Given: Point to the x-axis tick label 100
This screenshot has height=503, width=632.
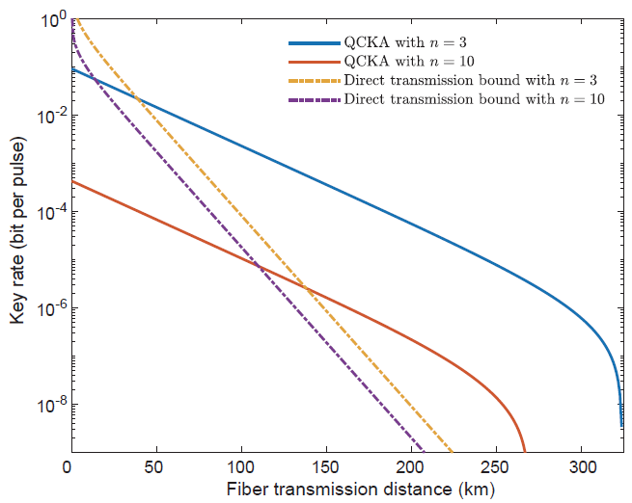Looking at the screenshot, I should click(x=238, y=468).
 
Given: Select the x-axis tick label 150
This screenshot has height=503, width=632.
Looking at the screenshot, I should click(x=324, y=468).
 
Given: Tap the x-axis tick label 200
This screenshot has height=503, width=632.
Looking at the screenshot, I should click(x=410, y=468).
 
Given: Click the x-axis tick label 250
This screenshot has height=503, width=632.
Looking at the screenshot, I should click(x=496, y=468).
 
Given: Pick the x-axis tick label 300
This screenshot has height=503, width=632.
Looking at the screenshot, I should click(x=581, y=468).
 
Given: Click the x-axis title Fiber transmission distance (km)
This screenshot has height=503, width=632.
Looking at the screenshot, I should click(x=360, y=490).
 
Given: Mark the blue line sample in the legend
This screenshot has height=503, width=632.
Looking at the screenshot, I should click(x=315, y=43).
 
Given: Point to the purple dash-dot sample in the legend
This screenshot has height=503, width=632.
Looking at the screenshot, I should click(x=315, y=99).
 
